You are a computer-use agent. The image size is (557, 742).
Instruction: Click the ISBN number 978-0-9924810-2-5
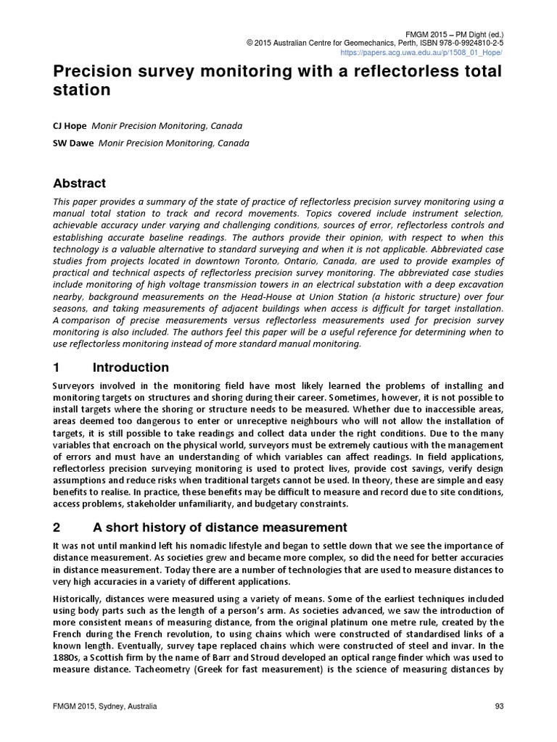coord(472,43)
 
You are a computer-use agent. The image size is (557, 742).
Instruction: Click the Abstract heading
coord(80,183)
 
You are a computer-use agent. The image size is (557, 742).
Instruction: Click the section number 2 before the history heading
coord(57,527)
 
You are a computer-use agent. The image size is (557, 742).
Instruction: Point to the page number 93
coord(499,706)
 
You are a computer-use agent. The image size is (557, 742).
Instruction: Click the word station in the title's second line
coord(81,91)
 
